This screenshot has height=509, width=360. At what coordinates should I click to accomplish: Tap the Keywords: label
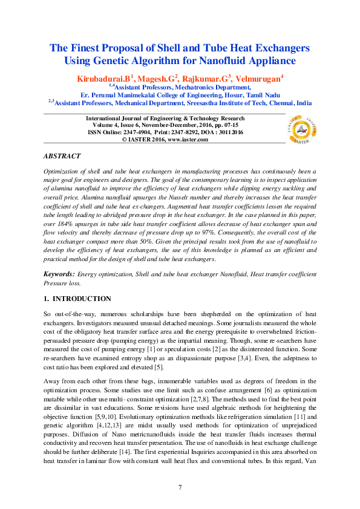[59, 274]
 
